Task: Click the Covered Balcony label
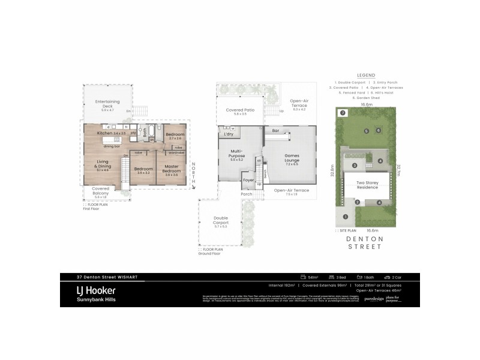pos(100,190)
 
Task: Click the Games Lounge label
pos(291,157)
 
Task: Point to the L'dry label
pos(229,135)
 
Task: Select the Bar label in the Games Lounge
pos(276,130)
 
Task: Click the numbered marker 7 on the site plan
pos(342,113)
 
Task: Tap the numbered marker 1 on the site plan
pos(345,217)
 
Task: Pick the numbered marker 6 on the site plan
pos(378,130)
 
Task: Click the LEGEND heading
pos(366,75)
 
